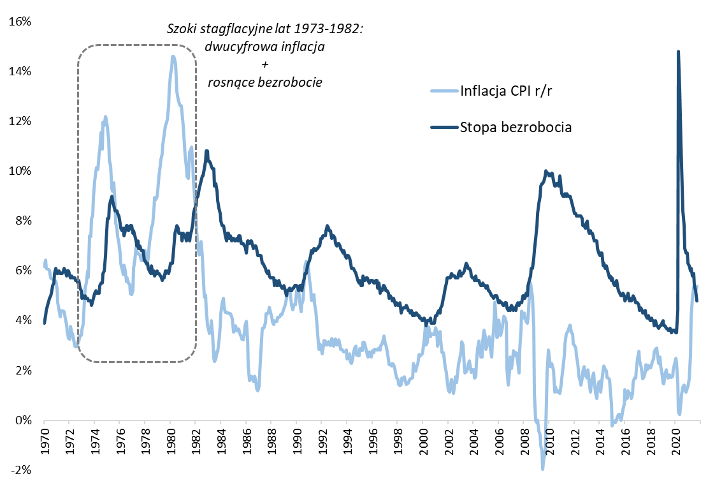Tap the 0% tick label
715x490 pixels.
(25, 420)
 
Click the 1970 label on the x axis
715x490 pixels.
(44, 441)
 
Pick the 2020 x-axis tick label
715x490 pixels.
(675, 441)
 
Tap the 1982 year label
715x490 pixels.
(196, 441)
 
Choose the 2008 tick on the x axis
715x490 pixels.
(524, 441)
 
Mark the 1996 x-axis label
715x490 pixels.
(372, 441)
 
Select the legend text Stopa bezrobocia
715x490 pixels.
(515, 127)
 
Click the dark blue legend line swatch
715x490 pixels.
(444, 127)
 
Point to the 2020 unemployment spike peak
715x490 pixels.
(678, 52)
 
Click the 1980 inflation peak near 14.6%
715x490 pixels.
(173, 57)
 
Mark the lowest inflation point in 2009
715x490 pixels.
(543, 469)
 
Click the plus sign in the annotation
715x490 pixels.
(264, 64)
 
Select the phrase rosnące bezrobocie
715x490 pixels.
(264, 82)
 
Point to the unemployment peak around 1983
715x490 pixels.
(206, 151)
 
